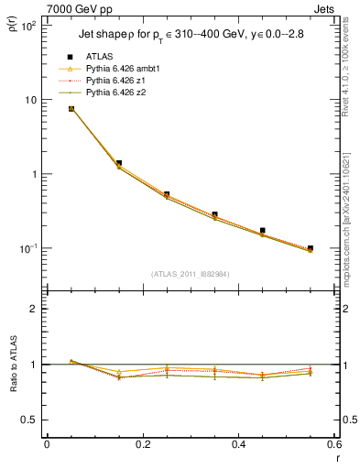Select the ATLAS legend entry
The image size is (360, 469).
(99, 54)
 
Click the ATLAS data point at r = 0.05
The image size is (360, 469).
(71, 109)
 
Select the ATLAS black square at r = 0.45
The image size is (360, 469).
(263, 231)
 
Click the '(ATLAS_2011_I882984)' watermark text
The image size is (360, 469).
(191, 273)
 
